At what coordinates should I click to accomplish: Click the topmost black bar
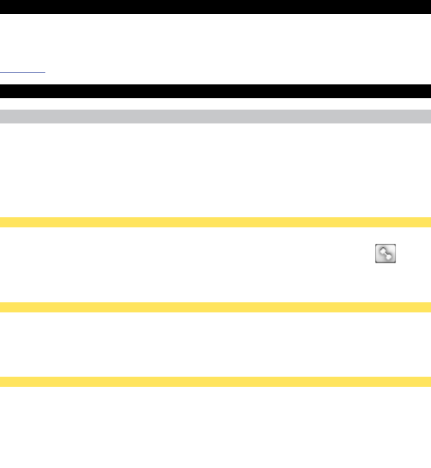coord(215,7)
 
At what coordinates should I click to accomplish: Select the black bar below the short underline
coord(215,91)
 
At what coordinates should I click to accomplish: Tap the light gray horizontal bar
coord(215,117)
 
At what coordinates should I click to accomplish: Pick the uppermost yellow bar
coord(215,222)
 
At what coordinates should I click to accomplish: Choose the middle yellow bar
coord(215,307)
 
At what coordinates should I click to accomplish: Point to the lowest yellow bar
coord(215,381)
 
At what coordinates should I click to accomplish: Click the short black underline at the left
coord(23,73)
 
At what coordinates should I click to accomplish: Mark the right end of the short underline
coord(45,73)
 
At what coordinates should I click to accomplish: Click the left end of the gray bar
coord(2,117)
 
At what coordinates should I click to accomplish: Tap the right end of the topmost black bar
coord(429,7)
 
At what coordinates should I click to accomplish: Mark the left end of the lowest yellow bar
coord(2,381)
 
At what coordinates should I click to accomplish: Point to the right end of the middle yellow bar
coord(429,307)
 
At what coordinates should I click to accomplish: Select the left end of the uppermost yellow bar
coord(2,222)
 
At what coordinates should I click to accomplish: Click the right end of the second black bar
coord(429,91)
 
